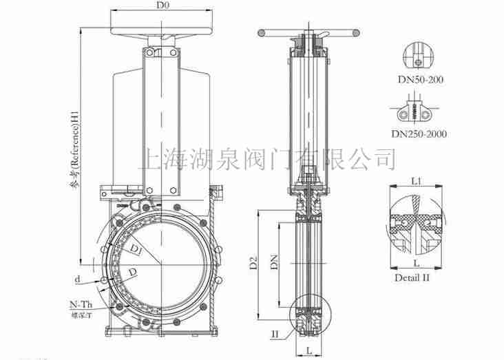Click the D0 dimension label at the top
[162, 6]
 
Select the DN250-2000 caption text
[419, 134]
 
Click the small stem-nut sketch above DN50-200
[417, 56]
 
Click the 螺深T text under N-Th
[81, 316]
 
